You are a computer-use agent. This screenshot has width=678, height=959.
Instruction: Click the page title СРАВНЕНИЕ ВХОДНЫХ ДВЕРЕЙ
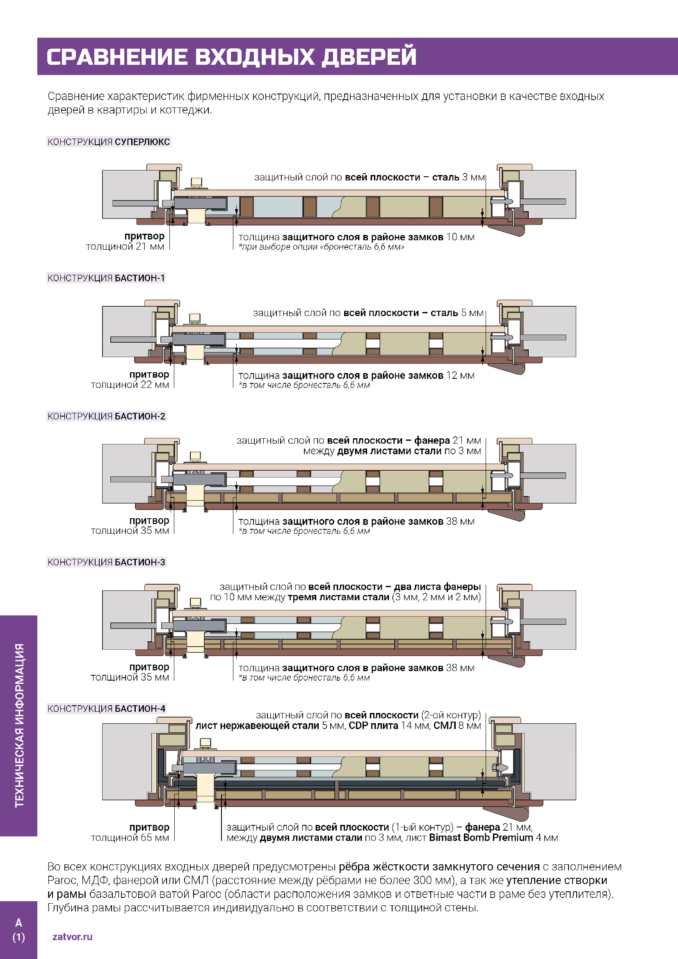coord(231,57)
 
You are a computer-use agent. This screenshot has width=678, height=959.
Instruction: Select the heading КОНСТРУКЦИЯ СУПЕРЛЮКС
coord(109,141)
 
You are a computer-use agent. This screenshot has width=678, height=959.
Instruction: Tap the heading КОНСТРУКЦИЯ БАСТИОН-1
coord(106,278)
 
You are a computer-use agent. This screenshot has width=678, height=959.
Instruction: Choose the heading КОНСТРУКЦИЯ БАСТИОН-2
coord(106,416)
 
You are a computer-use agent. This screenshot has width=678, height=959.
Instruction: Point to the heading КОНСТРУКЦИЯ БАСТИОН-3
coord(106,562)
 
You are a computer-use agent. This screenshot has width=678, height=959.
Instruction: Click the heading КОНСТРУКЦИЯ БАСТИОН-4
coord(106,708)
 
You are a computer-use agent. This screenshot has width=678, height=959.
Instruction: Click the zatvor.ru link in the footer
coord(72,936)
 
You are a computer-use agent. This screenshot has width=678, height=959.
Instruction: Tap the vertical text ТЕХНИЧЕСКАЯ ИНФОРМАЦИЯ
coord(19,726)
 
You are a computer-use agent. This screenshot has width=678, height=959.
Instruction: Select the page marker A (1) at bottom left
coord(19,929)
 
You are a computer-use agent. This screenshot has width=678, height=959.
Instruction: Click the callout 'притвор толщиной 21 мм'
coord(126,241)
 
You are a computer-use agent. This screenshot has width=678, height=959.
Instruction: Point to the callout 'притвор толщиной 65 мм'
coord(130,832)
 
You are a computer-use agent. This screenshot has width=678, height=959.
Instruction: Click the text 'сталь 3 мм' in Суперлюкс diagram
coord(458,177)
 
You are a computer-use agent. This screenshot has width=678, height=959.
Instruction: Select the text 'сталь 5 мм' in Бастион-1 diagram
coord(457,313)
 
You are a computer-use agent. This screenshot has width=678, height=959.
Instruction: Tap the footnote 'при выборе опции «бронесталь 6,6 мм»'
coord(321,247)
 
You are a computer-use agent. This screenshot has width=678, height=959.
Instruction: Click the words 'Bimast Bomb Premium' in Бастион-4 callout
coord(481,838)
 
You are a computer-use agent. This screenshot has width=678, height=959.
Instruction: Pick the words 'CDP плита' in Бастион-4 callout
coord(374,726)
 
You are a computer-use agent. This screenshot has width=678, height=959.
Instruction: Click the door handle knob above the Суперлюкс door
coord(196,182)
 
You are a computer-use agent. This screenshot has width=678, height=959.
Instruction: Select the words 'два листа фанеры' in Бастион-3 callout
coord(437,587)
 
